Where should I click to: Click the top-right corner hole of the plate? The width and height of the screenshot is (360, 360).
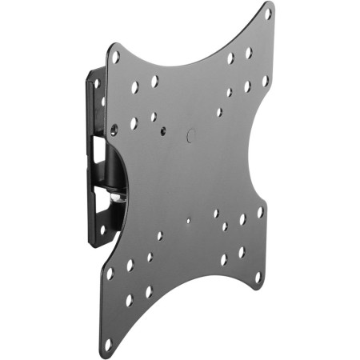(268, 14)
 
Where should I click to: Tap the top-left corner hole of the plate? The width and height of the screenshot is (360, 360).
(115, 58)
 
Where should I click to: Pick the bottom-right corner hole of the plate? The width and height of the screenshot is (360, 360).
(258, 277)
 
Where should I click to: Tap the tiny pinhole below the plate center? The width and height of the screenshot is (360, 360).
(188, 222)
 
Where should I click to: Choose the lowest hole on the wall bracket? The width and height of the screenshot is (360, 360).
(102, 230)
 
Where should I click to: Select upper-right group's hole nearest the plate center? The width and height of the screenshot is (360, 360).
(218, 112)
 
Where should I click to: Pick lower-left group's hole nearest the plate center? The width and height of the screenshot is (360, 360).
(160, 236)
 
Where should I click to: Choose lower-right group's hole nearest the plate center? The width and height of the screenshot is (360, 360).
(216, 214)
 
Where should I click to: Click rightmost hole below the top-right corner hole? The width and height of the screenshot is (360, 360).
(265, 81)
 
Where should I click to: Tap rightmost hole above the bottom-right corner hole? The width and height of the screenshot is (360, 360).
(259, 212)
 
